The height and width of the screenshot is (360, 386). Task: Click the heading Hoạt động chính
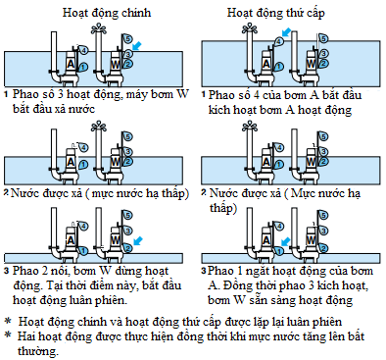[x=107, y=13]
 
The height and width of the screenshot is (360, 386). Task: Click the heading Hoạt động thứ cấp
[x=276, y=13]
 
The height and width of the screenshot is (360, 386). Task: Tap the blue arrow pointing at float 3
[x=137, y=46]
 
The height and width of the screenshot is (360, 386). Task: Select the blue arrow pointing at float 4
[x=286, y=32]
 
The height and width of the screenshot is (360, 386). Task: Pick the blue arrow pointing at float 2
[x=138, y=241]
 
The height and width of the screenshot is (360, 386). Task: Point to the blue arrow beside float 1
[x=285, y=242]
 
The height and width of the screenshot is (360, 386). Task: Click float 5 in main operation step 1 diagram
[x=127, y=39]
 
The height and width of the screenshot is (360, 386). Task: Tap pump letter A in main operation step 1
[x=71, y=64]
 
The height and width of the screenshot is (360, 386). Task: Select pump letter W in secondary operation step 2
[x=311, y=161]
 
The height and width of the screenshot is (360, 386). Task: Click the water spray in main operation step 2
[x=99, y=126]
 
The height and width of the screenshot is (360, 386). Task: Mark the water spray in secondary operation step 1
[x=250, y=28]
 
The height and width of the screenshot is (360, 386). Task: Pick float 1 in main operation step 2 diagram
[x=83, y=165]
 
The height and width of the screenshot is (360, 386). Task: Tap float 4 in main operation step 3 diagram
[x=83, y=226]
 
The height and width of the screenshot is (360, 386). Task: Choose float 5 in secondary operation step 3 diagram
[x=323, y=215]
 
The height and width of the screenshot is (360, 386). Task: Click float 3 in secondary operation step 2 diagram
[x=323, y=151]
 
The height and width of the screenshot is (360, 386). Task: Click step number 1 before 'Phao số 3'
[x=6, y=94]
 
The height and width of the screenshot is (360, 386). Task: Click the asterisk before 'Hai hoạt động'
[x=8, y=334]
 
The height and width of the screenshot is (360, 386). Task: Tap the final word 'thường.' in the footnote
[x=38, y=351]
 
